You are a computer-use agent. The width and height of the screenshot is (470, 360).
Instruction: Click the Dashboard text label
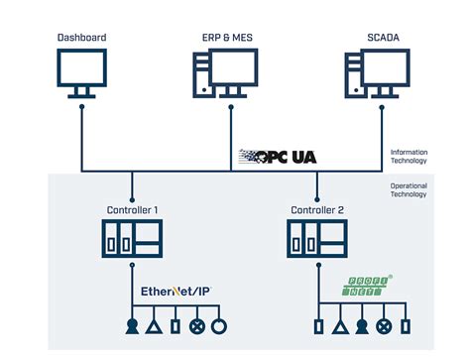[82, 38]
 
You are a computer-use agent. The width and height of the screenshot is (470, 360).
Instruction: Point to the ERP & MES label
[224, 38]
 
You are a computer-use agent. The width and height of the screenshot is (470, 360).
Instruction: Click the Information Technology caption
[409, 156]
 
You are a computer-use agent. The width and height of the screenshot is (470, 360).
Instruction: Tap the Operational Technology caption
[409, 190]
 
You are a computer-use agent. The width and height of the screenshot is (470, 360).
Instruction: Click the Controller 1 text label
[132, 210]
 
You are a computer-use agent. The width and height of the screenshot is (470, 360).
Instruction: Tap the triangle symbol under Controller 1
[154, 327]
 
